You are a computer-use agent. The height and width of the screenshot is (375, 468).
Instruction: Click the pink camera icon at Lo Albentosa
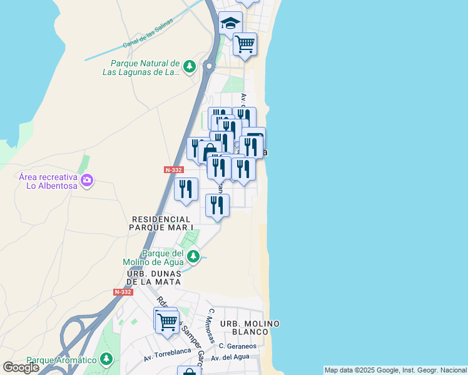[x=87, y=181]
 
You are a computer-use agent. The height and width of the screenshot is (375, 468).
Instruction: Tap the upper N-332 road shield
[x=173, y=170]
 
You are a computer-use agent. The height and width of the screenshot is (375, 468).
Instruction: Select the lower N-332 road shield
[x=123, y=292]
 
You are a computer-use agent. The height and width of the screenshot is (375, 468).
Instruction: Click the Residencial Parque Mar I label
[x=161, y=223]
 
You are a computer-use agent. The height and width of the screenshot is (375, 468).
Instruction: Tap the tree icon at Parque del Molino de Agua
[x=194, y=256]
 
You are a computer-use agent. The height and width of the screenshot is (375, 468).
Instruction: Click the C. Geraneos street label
[x=238, y=346]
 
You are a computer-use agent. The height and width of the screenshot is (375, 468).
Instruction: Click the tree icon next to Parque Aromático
[x=107, y=359]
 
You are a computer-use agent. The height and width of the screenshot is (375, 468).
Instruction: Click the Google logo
[x=21, y=367]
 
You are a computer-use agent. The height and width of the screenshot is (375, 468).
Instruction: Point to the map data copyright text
[x=395, y=370]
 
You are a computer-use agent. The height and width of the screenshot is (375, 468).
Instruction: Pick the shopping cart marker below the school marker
[x=245, y=44]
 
